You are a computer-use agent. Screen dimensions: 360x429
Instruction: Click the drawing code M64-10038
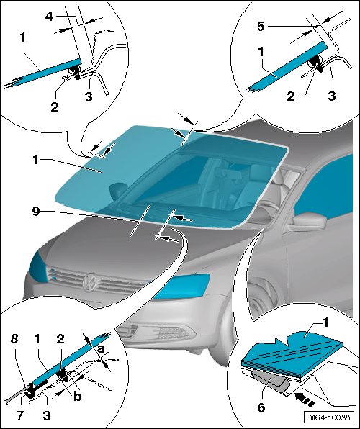point(329,417)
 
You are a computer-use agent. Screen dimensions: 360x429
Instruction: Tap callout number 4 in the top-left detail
point(49,17)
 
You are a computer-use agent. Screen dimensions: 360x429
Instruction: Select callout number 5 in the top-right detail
point(261,27)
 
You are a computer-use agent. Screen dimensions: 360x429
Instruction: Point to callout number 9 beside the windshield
point(36,212)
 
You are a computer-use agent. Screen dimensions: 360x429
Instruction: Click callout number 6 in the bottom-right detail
point(261,407)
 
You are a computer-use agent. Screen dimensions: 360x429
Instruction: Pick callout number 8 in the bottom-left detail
point(14,339)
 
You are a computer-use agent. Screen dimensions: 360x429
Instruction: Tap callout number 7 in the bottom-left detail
point(20,416)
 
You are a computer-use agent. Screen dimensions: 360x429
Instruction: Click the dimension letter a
point(101,349)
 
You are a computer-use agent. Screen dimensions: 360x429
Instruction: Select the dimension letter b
point(78,397)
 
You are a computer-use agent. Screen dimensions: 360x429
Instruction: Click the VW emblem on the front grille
point(90,281)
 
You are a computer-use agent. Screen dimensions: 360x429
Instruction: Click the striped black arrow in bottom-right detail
point(305,396)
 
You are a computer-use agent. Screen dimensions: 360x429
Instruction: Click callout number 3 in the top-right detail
point(332,96)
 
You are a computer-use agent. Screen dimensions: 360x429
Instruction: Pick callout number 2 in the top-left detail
point(55,107)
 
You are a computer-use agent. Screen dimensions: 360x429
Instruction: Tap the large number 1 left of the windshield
point(36,160)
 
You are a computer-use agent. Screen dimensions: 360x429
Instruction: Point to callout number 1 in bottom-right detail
point(325,323)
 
